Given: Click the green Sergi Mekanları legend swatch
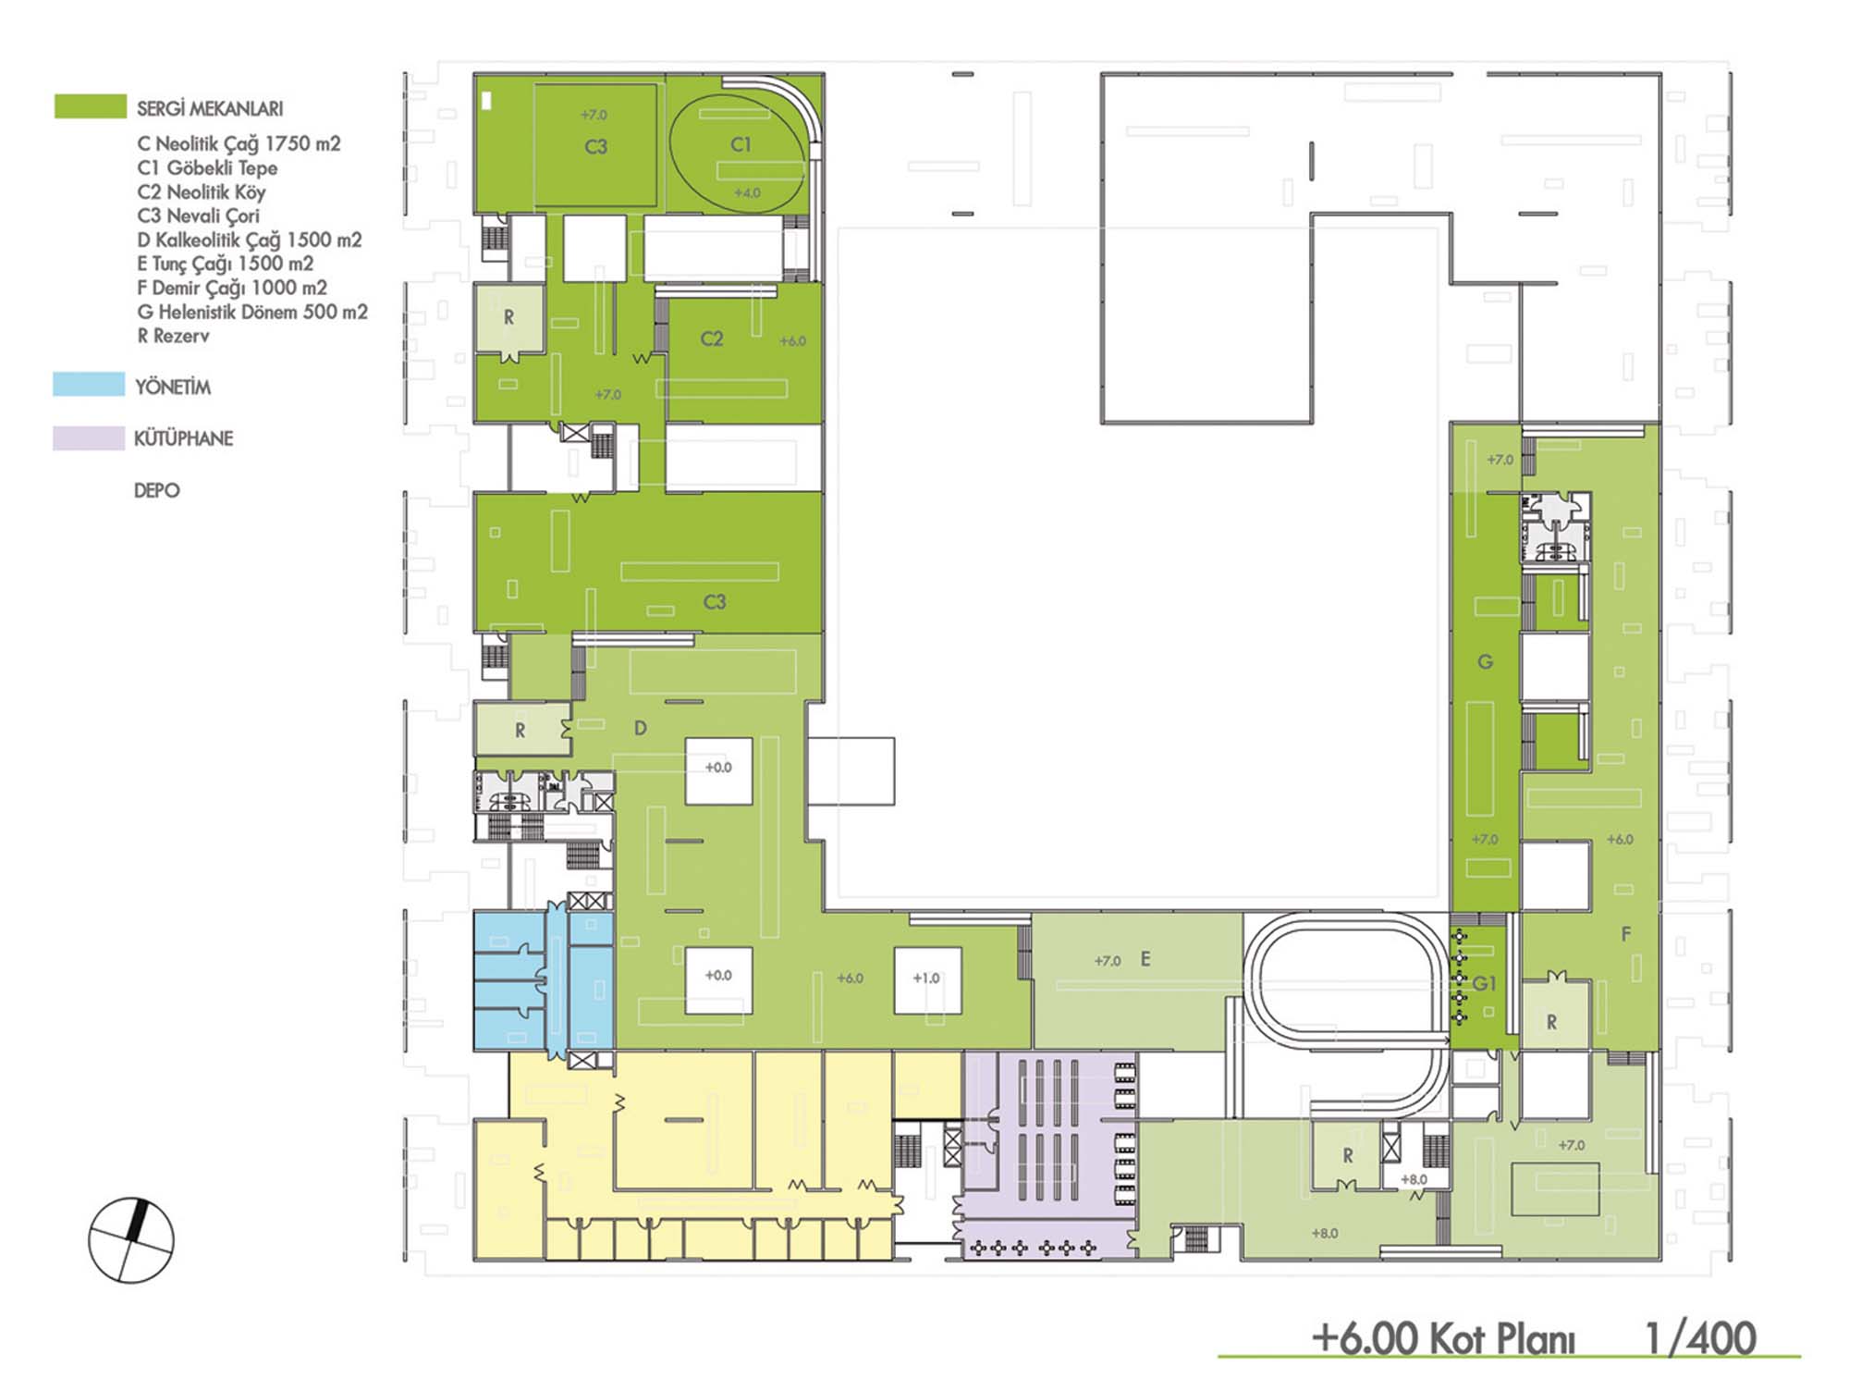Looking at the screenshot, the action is click(x=91, y=106).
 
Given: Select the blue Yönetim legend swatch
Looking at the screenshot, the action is click(x=89, y=384).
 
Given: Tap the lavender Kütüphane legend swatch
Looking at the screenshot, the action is click(x=89, y=437).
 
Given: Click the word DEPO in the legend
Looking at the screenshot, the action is click(x=157, y=490).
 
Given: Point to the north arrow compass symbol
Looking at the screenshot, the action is click(x=130, y=1240).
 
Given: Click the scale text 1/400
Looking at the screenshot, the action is click(x=1700, y=1337).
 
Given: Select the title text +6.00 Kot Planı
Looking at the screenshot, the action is click(x=1443, y=1338).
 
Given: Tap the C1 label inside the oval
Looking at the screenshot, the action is click(x=741, y=144).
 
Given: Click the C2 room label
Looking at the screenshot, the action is click(x=712, y=339).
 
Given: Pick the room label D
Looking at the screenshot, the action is click(x=640, y=729).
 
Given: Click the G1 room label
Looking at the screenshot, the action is click(x=1484, y=983).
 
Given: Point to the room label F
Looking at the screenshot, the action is click(x=1626, y=934).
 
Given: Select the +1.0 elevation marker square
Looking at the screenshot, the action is click(x=927, y=979).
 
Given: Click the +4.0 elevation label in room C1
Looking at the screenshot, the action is click(x=747, y=193).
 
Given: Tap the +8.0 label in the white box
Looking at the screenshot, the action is click(x=1414, y=1179).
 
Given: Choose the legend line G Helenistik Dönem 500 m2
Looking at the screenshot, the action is click(x=252, y=312).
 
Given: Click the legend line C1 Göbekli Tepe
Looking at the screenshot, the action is click(x=207, y=167).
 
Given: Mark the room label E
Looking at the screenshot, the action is click(x=1145, y=959).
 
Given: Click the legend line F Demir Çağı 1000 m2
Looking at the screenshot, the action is click(x=232, y=288).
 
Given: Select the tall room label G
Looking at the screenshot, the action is click(x=1485, y=661).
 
